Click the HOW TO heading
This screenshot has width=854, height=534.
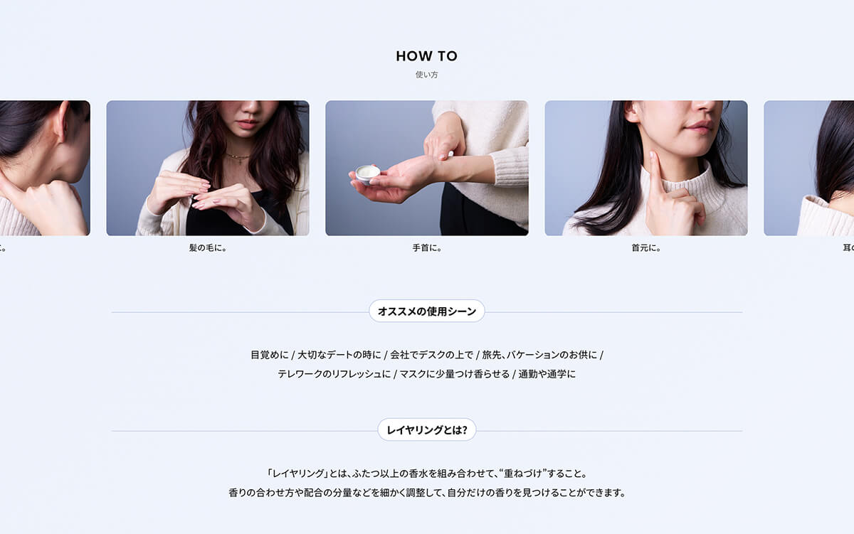point(426,56)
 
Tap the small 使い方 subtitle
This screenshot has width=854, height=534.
point(426,75)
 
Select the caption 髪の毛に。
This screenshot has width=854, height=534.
point(208,248)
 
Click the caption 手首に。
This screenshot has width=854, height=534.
point(427,248)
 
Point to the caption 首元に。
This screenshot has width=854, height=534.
point(646,248)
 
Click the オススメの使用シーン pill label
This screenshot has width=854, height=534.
point(427,311)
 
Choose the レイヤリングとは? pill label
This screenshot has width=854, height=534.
point(427,430)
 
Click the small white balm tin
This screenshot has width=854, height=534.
point(367,174)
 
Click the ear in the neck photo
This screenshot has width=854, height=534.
point(633,111)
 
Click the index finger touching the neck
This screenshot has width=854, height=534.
point(655,172)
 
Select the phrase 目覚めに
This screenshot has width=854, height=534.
point(270,355)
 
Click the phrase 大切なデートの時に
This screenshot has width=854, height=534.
point(339,355)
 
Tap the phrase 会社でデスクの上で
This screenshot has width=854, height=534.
point(431,355)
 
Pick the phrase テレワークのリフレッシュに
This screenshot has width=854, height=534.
point(334,374)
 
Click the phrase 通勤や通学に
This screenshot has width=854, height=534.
point(547,374)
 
